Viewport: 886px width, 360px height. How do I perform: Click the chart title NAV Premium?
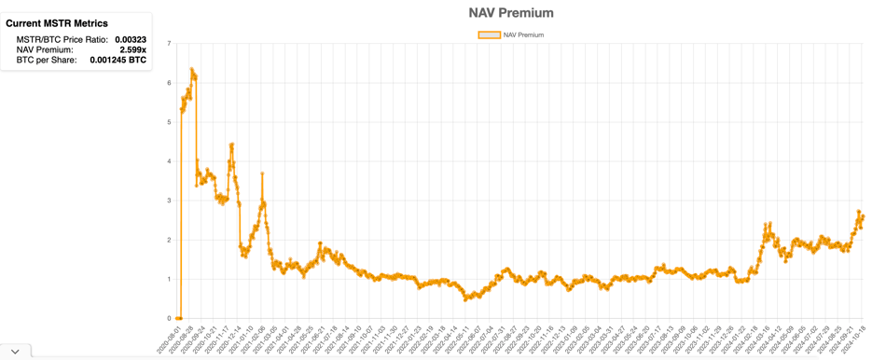point(510,13)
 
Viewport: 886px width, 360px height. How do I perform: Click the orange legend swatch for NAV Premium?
point(489,35)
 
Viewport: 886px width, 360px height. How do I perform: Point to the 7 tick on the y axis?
point(169,44)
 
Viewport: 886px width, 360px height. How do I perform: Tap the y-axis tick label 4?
point(169,161)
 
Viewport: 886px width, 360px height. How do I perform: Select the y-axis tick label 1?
point(169,280)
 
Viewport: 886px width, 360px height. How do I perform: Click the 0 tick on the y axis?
point(169,319)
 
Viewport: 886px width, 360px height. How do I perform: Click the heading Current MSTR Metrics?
point(56,23)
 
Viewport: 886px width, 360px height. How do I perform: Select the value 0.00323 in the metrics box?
point(131,40)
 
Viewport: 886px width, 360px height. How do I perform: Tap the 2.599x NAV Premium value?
point(132,50)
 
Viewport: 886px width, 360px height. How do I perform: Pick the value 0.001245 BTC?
point(118,61)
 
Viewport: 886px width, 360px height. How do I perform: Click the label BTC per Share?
point(47,61)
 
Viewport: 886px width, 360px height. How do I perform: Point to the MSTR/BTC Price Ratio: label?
point(62,40)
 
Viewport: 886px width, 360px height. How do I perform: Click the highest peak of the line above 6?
point(191,69)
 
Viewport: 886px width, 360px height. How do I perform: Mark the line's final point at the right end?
point(864,216)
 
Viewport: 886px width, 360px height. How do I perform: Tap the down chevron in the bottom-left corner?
point(15,352)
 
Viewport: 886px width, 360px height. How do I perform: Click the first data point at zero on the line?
point(177,318)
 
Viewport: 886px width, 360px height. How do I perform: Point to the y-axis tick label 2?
point(169,241)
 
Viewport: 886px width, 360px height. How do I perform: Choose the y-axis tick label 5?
point(169,122)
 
